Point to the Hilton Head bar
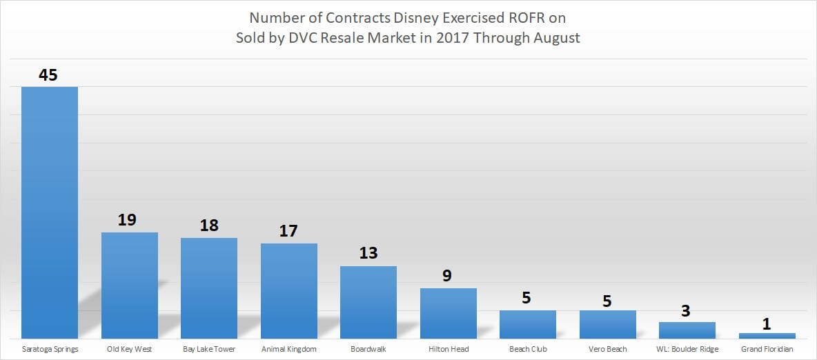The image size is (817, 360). tap(449, 313)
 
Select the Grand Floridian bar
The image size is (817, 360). tap(767, 335)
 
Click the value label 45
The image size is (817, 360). tap(48, 74)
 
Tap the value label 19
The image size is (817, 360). tap(128, 220)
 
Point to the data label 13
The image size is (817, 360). tap(368, 253)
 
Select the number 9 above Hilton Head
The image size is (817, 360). tap(448, 276)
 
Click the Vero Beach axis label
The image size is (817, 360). tap(608, 349)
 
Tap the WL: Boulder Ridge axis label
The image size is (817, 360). tap(687, 349)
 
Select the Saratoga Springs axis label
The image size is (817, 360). tap(50, 349)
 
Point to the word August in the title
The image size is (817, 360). tap(557, 38)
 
